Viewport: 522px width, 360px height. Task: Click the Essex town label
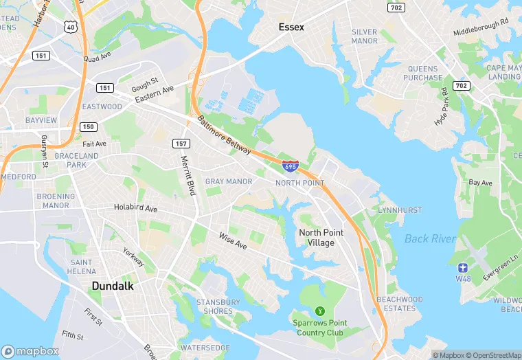[291, 27]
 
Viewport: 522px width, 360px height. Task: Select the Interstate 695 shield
[290, 166]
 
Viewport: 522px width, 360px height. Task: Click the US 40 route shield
[70, 26]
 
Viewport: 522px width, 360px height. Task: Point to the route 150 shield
[88, 126]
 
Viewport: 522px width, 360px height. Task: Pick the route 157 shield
[181, 143]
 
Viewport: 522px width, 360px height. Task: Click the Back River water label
[431, 238]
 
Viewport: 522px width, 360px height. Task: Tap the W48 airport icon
[463, 267]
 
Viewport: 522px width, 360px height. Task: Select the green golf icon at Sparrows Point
[319, 312]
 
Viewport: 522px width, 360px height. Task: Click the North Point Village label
[321, 238]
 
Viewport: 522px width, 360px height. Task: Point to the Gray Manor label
[229, 181]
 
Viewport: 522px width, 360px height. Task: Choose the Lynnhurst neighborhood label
[398, 209]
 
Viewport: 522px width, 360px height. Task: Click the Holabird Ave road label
[135, 207]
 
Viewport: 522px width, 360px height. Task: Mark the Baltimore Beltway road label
[225, 135]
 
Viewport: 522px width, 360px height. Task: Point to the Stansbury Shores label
[218, 306]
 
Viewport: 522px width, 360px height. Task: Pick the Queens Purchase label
[423, 73]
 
